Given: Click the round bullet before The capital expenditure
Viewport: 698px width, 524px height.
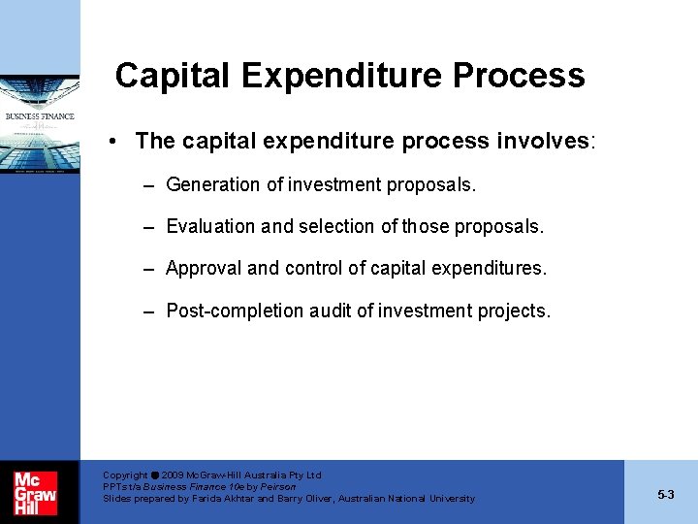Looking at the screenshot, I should [114, 142].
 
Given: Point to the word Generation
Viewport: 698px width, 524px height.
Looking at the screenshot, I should [212, 184].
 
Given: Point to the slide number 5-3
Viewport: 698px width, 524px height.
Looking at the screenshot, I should [665, 495].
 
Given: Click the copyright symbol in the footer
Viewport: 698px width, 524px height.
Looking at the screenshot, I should [154, 475].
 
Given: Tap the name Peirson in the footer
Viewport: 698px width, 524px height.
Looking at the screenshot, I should [276, 487].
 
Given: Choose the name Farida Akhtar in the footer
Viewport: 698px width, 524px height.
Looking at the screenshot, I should [222, 499].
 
